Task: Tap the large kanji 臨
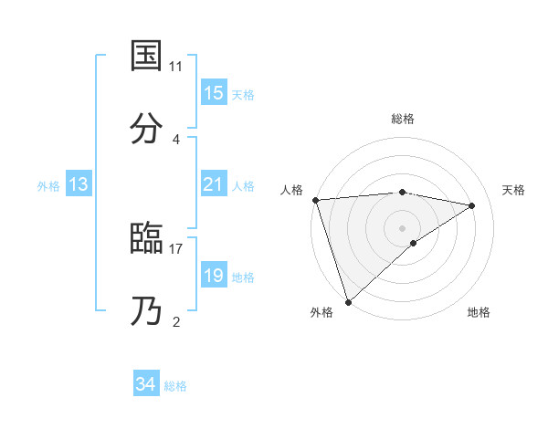(x=146, y=239)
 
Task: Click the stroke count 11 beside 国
(x=176, y=67)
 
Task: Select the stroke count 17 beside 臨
(x=176, y=248)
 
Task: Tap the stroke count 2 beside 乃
(x=176, y=321)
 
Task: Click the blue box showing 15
(x=214, y=93)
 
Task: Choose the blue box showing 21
(x=214, y=185)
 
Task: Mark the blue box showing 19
(x=214, y=276)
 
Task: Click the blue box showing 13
(x=79, y=185)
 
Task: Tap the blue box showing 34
(x=146, y=385)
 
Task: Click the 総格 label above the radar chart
(x=403, y=119)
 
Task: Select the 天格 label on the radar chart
(x=514, y=190)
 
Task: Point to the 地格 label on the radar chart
(x=479, y=312)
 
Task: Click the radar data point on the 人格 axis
(x=315, y=200)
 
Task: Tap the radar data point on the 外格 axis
(x=348, y=301)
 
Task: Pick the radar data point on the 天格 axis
(x=472, y=205)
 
